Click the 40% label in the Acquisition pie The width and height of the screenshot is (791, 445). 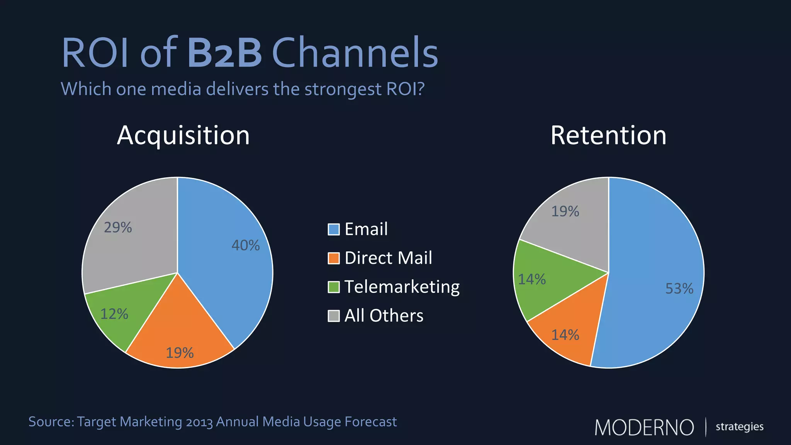[246, 245]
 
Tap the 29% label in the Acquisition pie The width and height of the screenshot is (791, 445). [118, 228]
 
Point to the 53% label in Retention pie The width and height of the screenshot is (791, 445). [679, 289]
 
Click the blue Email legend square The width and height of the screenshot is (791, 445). [333, 229]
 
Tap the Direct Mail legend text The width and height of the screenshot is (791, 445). [388, 258]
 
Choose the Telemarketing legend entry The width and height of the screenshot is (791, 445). [402, 287]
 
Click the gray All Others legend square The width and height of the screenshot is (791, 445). [333, 316]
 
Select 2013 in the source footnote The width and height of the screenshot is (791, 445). [199, 422]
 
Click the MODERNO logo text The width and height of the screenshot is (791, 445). [644, 428]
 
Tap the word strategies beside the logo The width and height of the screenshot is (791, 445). [739, 427]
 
